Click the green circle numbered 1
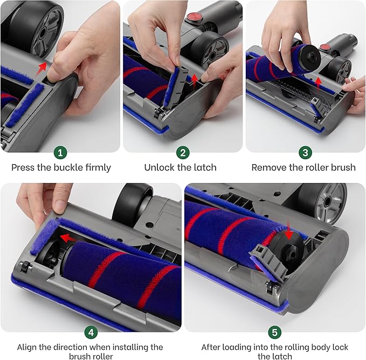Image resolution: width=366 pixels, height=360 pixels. [61, 153]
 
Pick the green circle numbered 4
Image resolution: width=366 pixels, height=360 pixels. [90, 331]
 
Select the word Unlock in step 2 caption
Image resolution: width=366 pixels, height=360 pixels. [158, 167]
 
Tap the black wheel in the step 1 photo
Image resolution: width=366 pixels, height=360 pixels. [40, 22]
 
